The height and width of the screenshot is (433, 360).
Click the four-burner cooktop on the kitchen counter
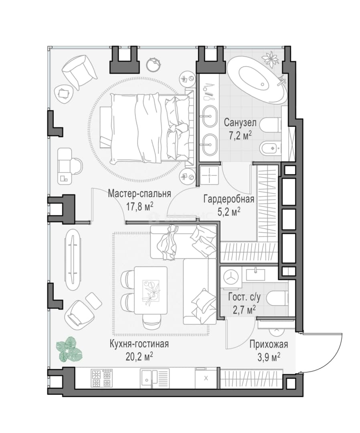click(x=102, y=378)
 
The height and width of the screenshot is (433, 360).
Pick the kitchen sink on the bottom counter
click(x=154, y=378)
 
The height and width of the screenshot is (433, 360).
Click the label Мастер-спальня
click(x=140, y=194)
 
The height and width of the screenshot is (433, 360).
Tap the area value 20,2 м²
click(x=139, y=357)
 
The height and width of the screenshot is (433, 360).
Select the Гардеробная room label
click(x=229, y=199)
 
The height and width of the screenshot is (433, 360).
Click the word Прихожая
click(x=269, y=344)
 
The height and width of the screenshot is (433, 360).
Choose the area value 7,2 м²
click(x=240, y=136)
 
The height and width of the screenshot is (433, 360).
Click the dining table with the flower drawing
click(x=151, y=290)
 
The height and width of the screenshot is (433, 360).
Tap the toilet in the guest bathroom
click(x=278, y=298)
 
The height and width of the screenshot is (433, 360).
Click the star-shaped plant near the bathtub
click(x=270, y=59)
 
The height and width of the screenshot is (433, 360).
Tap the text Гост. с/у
click(x=244, y=297)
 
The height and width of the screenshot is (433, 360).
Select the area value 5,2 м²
click(x=229, y=212)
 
